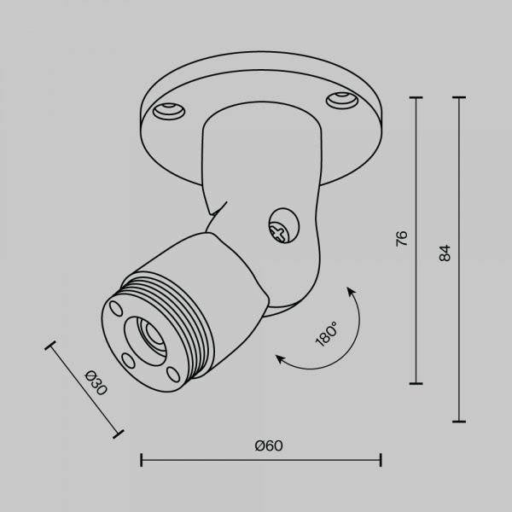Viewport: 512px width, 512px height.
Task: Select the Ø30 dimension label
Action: [97, 384]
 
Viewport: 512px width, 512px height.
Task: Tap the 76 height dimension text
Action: [402, 238]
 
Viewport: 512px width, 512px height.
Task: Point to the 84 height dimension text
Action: [445, 253]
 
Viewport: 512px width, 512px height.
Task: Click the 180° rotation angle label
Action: [326, 333]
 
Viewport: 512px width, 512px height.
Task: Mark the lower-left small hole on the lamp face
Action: [127, 359]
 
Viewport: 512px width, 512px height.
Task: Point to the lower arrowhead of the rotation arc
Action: [279, 360]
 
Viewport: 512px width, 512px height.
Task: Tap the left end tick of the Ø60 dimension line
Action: [141, 461]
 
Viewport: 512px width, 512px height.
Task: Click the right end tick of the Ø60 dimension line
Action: [381, 461]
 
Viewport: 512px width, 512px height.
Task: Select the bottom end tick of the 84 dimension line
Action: [459, 422]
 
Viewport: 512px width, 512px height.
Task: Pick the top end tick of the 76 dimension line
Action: [416, 99]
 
